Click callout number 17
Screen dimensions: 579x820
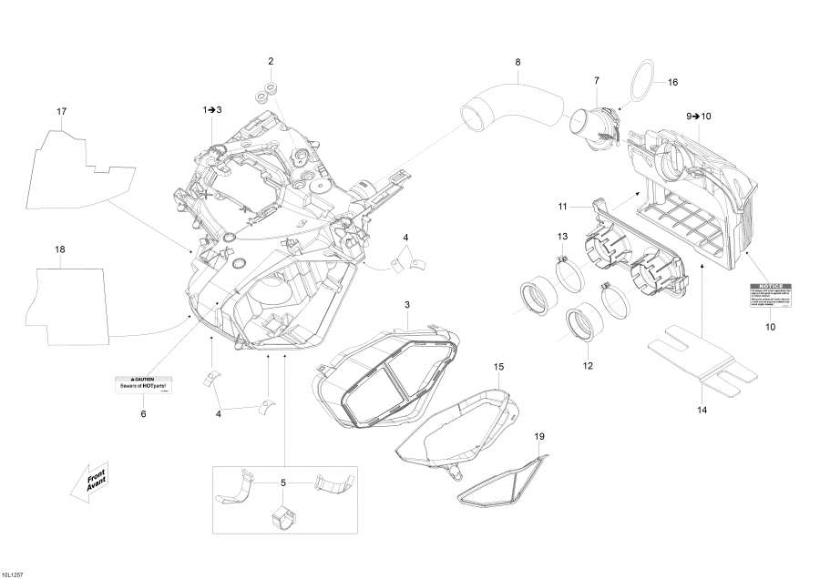point(62,112)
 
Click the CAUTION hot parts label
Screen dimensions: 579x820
point(146,383)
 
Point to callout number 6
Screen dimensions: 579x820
point(142,414)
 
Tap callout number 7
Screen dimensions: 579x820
point(597,81)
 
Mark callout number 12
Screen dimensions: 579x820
point(588,366)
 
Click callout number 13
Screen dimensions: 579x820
point(563,238)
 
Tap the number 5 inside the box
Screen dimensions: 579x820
point(283,482)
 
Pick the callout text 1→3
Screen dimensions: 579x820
point(211,109)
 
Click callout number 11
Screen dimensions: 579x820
point(563,208)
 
